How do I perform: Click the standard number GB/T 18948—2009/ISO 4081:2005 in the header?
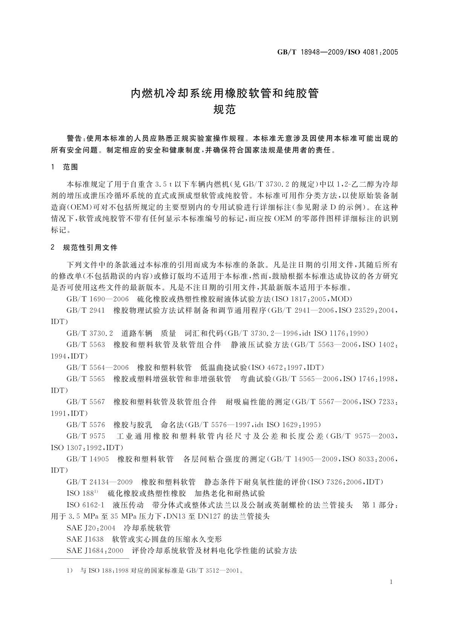[x=338, y=52]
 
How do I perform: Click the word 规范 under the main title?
[x=224, y=110]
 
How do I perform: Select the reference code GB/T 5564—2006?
[x=98, y=367]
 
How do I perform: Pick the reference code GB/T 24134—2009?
[x=100, y=482]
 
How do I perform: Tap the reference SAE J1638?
[x=85, y=539]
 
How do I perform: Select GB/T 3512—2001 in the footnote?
[x=213, y=570]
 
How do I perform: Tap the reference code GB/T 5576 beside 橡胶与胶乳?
[x=86, y=425]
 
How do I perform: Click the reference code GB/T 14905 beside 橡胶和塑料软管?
[x=88, y=459]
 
